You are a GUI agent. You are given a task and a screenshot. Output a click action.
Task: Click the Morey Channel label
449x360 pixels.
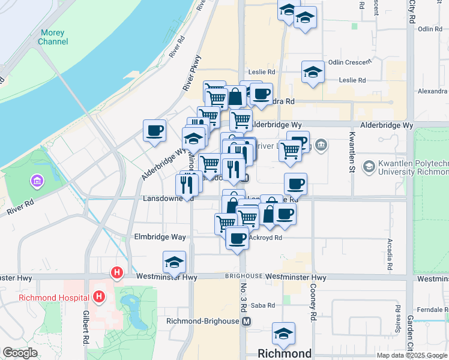53,37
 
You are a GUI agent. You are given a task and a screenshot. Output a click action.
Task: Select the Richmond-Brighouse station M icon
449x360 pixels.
246,322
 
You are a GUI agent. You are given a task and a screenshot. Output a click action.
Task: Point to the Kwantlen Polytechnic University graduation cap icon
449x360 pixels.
369,166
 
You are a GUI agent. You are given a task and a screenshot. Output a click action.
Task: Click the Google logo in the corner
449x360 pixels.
20,353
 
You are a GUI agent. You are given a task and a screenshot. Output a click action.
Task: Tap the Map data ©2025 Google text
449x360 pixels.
412,355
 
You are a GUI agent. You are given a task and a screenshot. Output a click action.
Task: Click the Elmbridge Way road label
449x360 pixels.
160,237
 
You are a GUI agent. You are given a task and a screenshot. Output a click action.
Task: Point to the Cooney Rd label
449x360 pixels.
313,296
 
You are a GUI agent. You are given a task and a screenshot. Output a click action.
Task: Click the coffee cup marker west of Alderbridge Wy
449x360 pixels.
154,130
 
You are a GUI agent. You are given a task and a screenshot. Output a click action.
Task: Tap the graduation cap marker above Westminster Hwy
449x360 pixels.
174,262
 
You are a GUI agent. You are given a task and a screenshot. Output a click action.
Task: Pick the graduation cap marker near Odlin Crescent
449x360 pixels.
313,72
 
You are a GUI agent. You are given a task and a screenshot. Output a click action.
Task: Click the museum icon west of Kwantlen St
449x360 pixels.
321,145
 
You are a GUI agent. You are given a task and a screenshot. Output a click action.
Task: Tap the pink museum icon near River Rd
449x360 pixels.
36,181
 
